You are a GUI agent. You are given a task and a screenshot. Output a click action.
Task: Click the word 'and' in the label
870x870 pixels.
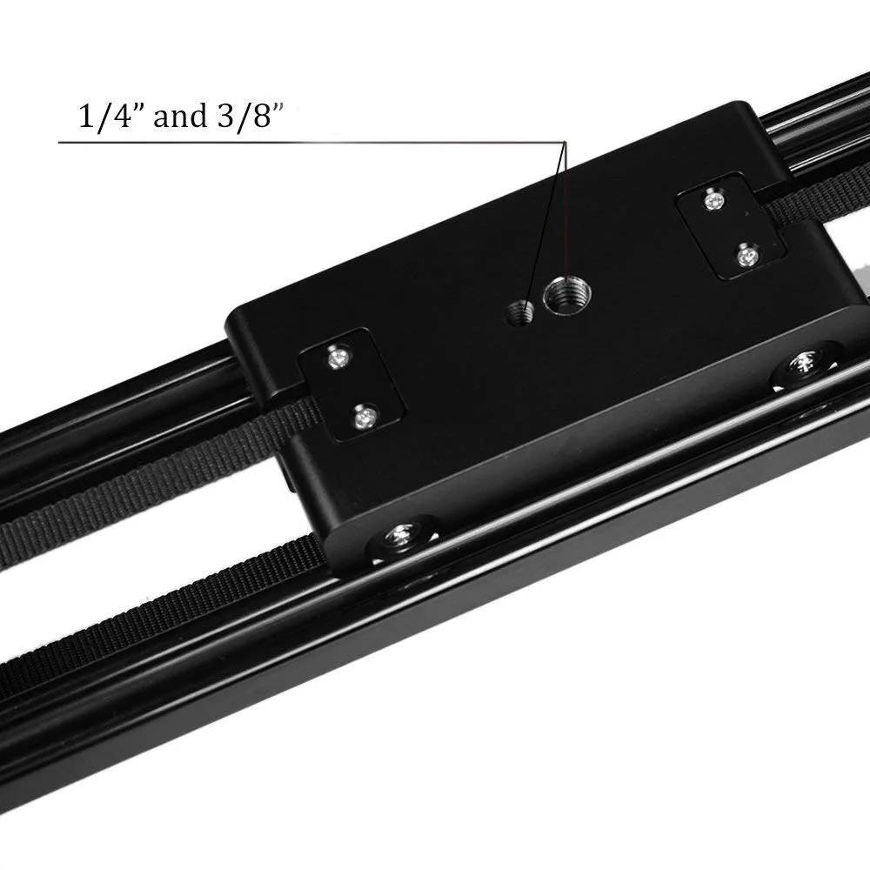tap(178, 116)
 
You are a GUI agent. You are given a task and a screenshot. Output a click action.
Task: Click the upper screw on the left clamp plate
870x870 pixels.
tap(338, 356)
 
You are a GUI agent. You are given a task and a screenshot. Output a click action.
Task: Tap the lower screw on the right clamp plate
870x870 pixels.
tap(746, 256)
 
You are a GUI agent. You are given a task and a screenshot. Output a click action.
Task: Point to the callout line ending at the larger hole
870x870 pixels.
tap(566, 217)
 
